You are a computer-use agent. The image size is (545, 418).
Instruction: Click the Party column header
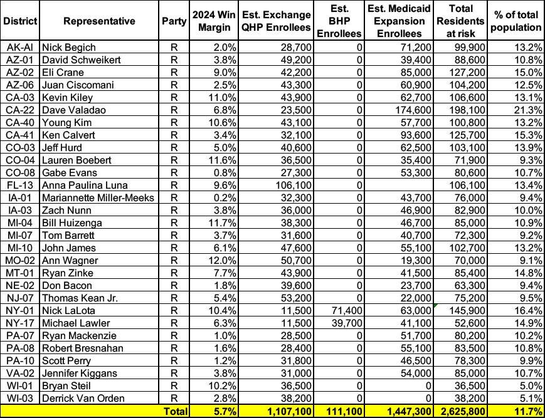(174, 21)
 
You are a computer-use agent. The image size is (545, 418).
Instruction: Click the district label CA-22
(21, 110)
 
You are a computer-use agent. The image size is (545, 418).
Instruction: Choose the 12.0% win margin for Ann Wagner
(209, 260)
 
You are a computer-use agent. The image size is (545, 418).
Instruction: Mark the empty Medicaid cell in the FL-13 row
(403, 185)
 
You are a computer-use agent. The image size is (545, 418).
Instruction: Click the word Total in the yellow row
(175, 411)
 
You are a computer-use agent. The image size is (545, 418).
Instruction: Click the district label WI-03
(21, 398)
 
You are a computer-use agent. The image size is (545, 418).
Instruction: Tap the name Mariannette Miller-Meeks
(95, 197)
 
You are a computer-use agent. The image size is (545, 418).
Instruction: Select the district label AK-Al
(21, 47)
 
